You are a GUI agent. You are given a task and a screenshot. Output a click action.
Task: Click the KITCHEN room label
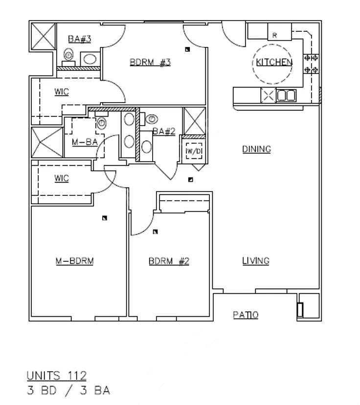pos(274,62)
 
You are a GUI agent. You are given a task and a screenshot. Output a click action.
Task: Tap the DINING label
pos(257,149)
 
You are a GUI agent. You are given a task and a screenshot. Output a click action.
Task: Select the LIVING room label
pos(256,261)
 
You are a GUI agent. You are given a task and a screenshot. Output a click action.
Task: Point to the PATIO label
pos(246,315)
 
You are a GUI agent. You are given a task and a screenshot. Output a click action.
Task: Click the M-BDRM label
pos(75,261)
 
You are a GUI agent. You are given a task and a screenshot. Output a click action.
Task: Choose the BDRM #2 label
pos(169,261)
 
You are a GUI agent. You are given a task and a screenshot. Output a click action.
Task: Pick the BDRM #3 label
pos(150,62)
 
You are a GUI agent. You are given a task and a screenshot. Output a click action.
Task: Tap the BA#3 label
pos(80,39)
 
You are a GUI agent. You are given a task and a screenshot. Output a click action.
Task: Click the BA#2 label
pos(164,131)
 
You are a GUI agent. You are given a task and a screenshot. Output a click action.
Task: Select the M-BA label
pos(85,142)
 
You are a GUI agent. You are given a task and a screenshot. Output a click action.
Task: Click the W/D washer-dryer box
pos(194,151)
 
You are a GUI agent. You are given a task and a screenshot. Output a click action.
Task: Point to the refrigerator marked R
pos(280,32)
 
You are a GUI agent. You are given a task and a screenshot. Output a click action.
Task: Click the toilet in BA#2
pos(152,119)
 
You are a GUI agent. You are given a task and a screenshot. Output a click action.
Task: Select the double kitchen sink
pos(286,95)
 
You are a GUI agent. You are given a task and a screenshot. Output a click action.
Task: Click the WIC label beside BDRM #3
pos(62,92)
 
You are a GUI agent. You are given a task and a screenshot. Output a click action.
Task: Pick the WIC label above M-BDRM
pos(62,178)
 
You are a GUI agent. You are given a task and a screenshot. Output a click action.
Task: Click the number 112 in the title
pos(77,376)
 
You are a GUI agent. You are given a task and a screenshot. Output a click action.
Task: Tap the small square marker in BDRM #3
pos(187,49)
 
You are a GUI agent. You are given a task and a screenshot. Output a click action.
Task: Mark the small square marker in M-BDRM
pos(105,218)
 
